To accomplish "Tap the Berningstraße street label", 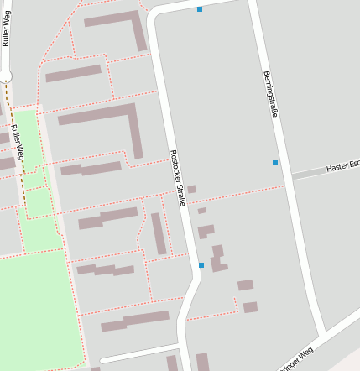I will [270, 93].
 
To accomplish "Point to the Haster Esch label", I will [342, 167].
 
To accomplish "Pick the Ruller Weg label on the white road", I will [6, 29].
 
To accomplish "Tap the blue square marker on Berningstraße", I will [275, 162].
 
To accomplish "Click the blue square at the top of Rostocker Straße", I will [200, 9].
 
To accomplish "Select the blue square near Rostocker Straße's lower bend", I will [201, 265].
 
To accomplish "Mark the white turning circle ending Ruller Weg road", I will [6, 76].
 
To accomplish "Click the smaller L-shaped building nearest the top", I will [122, 25].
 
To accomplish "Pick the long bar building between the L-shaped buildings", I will [73, 74].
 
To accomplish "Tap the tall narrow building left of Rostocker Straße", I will [159, 233].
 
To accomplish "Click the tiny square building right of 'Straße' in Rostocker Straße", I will [191, 190].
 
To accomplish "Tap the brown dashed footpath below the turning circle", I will [12, 126].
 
